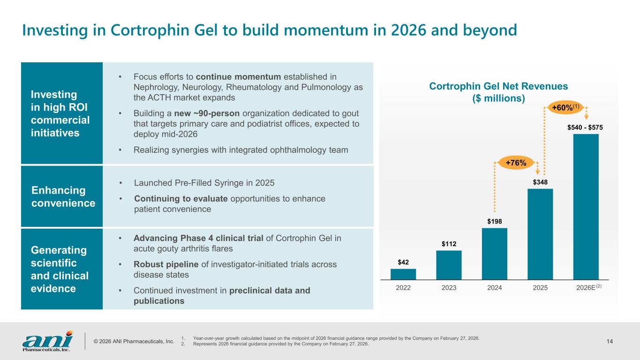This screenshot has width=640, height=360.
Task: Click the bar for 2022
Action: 403,274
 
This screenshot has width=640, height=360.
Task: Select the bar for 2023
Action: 449,265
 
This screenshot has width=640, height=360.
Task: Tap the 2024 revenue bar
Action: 494,254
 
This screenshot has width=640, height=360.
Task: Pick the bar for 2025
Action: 540,234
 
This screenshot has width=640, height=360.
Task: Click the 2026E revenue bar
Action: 586,207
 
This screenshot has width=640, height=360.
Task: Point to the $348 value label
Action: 540,181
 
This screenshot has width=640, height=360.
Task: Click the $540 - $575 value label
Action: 586,127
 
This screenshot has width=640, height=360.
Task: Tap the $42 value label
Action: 403,262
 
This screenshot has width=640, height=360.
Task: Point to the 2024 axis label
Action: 494,288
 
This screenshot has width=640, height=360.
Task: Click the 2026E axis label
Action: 586,288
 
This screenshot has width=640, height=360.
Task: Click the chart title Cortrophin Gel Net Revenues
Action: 498,86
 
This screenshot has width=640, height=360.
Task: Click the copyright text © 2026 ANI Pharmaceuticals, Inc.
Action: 134,341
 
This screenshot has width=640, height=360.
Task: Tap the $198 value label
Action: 494,221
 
